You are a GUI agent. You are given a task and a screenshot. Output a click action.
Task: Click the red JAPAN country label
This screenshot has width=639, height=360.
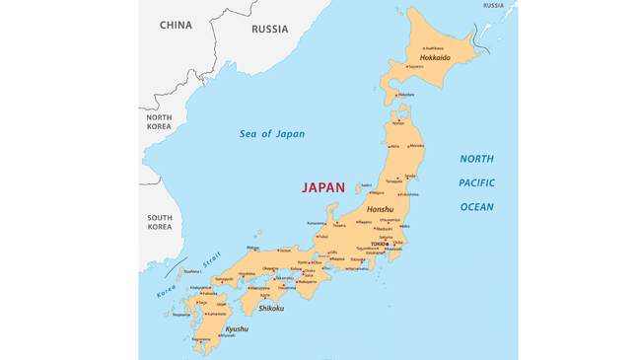[323, 187]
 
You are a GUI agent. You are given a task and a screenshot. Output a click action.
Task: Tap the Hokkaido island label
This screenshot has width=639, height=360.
[435, 58]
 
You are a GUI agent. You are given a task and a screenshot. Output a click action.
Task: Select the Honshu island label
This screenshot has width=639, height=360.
[380, 209]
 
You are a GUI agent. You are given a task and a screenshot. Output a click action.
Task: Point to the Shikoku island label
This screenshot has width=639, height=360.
[271, 308]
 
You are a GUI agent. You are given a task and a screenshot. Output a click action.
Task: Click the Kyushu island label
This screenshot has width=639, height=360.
[237, 328]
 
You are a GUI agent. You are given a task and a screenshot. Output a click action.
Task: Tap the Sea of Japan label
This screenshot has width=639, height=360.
[272, 134]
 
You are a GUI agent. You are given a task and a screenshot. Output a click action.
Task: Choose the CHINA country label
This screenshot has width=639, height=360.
[176, 25]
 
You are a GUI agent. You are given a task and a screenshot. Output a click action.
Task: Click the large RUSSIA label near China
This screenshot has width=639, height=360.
[269, 30]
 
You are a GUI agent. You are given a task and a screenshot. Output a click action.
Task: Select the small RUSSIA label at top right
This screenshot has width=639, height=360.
[493, 6]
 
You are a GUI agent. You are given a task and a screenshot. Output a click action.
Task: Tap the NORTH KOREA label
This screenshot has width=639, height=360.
[159, 122]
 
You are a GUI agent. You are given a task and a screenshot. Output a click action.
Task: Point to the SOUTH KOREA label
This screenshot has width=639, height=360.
[159, 222]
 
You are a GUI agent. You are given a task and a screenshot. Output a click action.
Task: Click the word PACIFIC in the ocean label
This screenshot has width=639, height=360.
[476, 182]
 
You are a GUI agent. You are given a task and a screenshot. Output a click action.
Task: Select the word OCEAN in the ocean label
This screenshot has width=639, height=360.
[476, 207]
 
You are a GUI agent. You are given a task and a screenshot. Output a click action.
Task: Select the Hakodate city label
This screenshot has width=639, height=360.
[405, 95]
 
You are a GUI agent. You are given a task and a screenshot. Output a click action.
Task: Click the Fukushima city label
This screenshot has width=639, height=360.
[395, 194]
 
